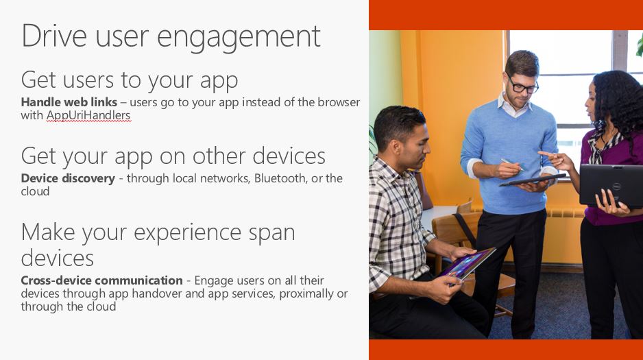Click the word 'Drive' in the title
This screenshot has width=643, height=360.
coord(54,36)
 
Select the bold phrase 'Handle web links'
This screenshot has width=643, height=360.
coord(69,101)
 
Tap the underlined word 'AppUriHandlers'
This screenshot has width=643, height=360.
coord(88,116)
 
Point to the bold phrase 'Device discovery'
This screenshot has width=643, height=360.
coord(68,178)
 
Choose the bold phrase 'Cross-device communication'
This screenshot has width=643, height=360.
coord(101,280)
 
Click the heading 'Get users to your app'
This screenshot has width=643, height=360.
coord(130,80)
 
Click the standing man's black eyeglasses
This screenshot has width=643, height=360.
coord(522,84)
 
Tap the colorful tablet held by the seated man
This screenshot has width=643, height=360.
coord(468,263)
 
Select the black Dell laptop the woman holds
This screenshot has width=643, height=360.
coord(611,185)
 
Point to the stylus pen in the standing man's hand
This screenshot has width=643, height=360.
coord(511,165)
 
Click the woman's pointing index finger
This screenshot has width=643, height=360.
coord(546,154)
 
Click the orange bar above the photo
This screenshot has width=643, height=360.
coord(506,15)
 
